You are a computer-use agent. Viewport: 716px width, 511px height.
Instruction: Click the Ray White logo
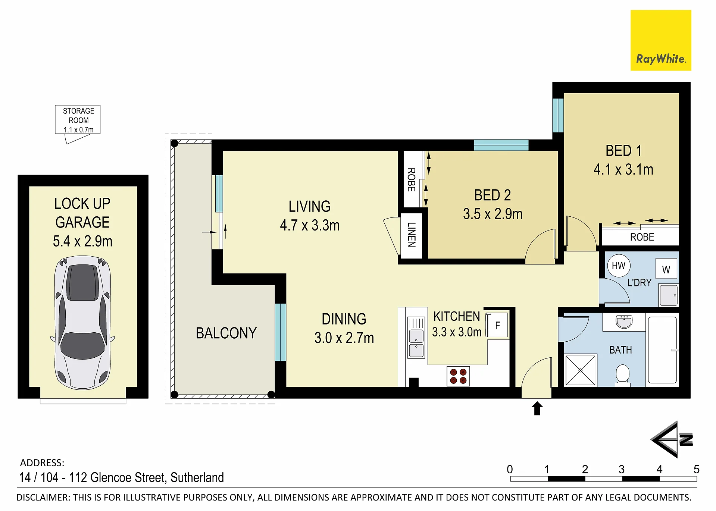pos(660,40)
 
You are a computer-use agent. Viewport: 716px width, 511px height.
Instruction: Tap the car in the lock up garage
pos(82,323)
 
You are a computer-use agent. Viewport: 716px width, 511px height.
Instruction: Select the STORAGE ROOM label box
pos(78,120)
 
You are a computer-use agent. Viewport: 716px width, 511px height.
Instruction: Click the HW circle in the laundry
pos(619,266)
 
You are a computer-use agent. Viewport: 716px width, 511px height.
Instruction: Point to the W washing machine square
pos(666,269)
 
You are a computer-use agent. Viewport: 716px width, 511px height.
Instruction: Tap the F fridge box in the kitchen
pos(497,325)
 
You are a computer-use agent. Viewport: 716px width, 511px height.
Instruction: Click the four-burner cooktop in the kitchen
pos(458,376)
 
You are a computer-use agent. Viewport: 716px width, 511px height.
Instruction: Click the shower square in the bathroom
pos(580,370)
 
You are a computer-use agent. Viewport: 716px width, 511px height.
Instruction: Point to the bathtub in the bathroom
pos(663,350)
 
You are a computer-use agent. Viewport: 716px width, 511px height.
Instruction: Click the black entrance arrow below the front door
pos(537,408)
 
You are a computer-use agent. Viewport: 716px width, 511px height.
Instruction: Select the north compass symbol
pos(672,440)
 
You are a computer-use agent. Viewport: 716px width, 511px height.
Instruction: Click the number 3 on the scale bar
pos(622,469)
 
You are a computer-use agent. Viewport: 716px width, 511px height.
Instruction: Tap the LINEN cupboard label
pos(411,235)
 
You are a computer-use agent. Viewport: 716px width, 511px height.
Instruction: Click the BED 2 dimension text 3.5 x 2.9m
pos(493,214)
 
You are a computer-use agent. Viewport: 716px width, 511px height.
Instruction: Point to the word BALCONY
pos(226,333)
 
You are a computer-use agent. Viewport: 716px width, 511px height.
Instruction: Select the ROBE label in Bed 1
pos(642,237)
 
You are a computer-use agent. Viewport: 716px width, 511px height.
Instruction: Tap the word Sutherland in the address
pos(197,477)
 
